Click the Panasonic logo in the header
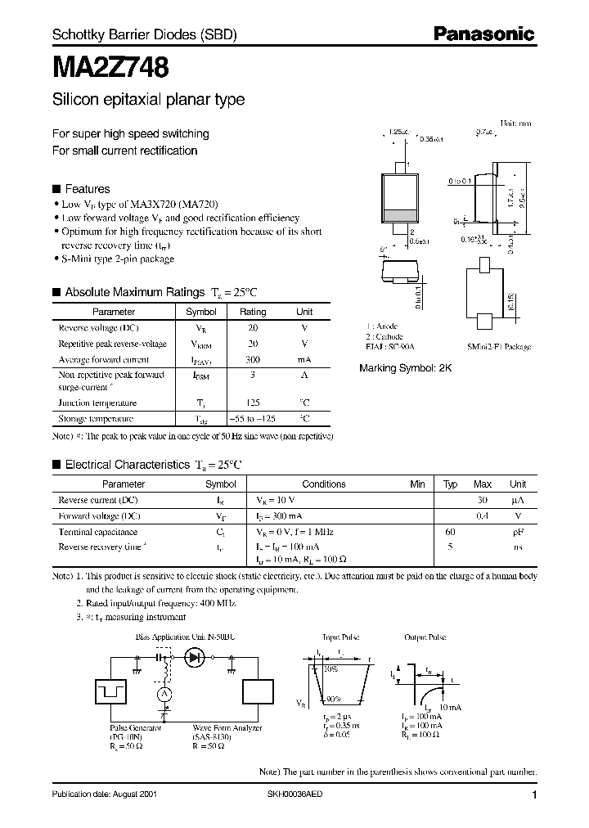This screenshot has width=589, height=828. point(483,34)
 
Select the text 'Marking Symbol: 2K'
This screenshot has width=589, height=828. point(405,368)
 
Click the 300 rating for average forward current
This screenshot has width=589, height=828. point(253,359)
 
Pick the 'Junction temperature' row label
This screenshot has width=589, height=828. point(97,403)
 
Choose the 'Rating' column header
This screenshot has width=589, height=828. point(253,312)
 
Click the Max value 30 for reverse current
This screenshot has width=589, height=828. point(483,499)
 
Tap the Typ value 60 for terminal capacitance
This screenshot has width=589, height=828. point(450,532)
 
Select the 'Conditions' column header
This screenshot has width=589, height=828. point(324,484)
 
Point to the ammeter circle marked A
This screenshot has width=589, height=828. point(164,694)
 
